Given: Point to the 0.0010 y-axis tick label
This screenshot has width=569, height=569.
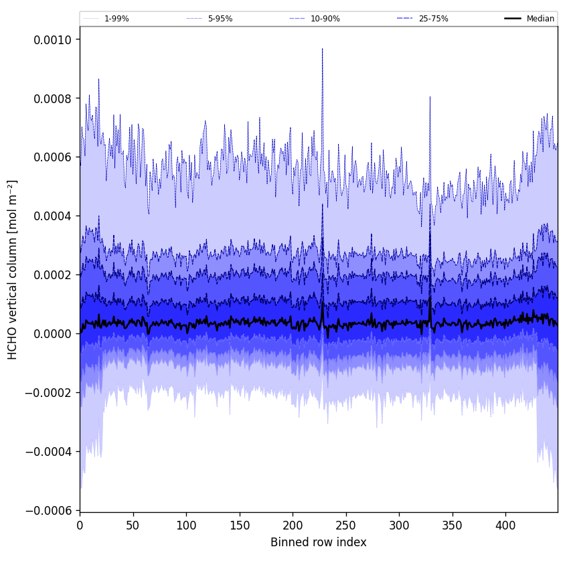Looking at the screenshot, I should click(x=53, y=39).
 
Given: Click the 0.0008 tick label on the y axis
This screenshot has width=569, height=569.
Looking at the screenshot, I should click(x=53, y=98).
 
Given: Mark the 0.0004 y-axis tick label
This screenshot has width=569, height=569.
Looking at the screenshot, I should click(x=53, y=216).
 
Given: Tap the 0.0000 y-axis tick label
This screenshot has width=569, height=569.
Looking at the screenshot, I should click(x=53, y=334).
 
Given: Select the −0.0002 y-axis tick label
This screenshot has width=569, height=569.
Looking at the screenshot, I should click(x=50, y=393).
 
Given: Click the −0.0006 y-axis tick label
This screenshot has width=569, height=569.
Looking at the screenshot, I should click(x=50, y=511).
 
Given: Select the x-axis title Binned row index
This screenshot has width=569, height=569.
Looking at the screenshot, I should click(x=319, y=542).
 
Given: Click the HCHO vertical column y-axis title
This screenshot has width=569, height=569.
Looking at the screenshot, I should click(x=13, y=269).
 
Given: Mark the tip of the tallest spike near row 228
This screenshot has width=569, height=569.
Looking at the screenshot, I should click(x=322, y=48).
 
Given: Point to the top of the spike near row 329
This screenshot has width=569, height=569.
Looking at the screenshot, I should click(x=430, y=96).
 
